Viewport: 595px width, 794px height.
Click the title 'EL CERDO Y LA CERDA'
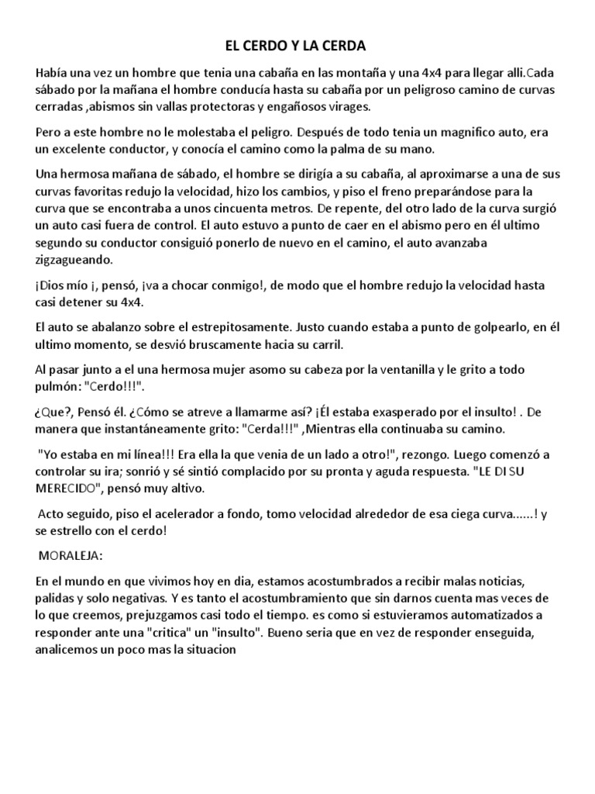point(298,46)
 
